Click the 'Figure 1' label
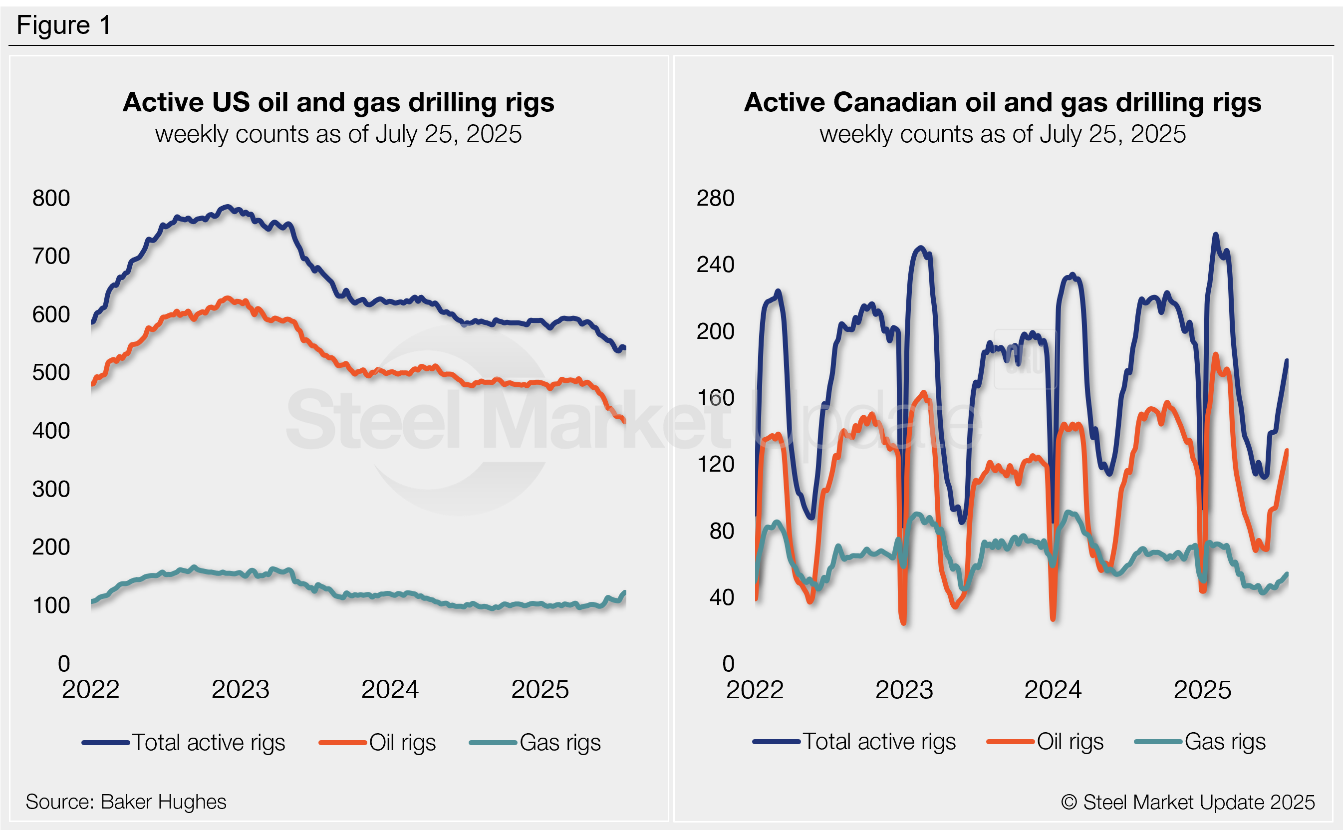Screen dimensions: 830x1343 (64, 25)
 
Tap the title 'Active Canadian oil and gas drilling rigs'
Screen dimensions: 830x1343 (1002, 102)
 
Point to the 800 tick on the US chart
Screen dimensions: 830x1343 (51, 198)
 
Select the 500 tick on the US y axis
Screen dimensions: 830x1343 (51, 373)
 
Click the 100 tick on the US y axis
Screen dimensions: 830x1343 (51, 605)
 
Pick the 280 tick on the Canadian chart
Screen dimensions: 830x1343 (715, 198)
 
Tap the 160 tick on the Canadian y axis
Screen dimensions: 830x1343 (715, 398)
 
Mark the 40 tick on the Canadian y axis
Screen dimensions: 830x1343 (721, 597)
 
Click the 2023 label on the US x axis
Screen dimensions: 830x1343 (241, 689)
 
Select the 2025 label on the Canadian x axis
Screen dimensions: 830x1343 (1202, 689)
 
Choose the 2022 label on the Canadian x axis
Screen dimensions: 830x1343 (755, 689)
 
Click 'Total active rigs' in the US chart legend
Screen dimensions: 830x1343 (209, 742)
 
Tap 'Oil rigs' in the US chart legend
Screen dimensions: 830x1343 (402, 742)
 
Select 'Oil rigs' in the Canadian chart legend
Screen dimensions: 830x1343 (1070, 742)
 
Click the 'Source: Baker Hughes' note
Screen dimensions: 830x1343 (126, 802)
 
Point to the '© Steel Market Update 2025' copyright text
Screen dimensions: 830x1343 (1188, 802)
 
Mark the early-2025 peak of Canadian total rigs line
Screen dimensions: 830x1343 (1216, 235)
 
